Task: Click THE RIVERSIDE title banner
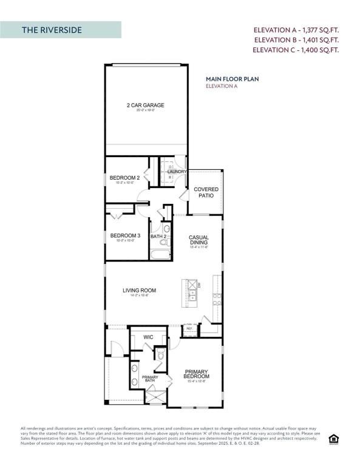(x=61, y=30)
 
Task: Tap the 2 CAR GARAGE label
(x=145, y=106)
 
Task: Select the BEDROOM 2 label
(x=124, y=178)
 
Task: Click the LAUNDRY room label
(x=177, y=172)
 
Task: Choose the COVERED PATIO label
(x=206, y=192)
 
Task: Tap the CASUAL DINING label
(x=199, y=240)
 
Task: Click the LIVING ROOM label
(x=139, y=291)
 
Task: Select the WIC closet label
(x=148, y=337)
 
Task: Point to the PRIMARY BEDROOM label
(x=196, y=374)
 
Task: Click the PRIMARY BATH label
(x=150, y=379)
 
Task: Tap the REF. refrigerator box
(x=189, y=329)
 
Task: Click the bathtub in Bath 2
(x=161, y=256)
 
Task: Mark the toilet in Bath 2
(x=166, y=229)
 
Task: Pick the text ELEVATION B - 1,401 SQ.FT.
(x=296, y=40)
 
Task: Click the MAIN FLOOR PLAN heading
(x=229, y=79)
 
